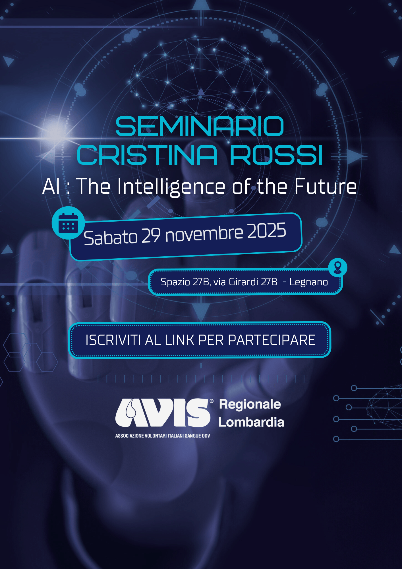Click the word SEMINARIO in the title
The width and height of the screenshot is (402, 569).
(200, 126)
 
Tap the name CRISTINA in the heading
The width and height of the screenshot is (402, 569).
(147, 155)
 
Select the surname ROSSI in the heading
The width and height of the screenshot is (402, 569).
(276, 155)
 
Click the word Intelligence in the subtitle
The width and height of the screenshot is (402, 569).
(171, 187)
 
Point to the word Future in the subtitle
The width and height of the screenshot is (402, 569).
(326, 186)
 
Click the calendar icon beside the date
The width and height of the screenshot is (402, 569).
(68, 223)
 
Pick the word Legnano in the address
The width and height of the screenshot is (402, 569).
(309, 282)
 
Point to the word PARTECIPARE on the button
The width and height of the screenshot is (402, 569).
(272, 340)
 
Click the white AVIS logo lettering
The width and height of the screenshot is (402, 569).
(163, 413)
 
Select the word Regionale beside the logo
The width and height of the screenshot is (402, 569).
(250, 404)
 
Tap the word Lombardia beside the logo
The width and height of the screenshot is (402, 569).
(251, 422)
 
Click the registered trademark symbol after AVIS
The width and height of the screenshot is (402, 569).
(212, 401)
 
